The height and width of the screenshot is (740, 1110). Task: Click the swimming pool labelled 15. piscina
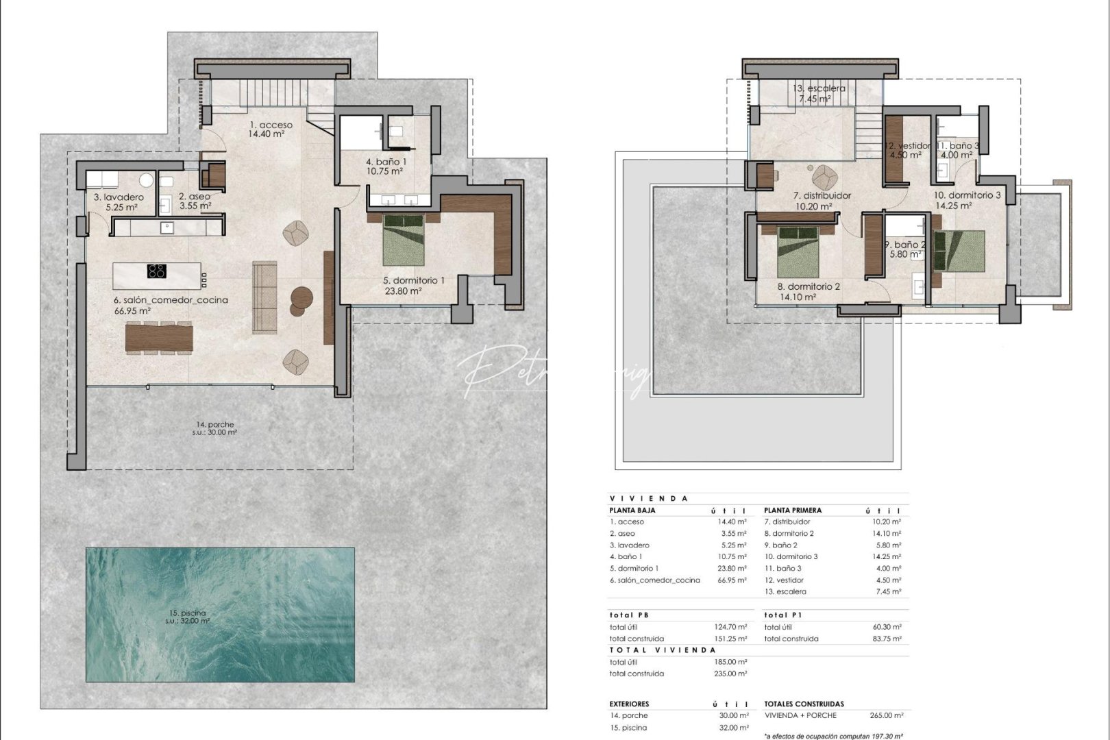coord(220,614)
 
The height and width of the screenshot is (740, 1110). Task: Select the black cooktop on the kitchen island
coord(156,271)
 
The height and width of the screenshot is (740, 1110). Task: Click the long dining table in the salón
coord(159,338)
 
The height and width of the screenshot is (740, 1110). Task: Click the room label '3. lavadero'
coord(119,197)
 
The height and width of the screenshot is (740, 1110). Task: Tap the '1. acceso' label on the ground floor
coord(271,125)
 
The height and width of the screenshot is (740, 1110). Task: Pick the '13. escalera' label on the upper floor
coord(818,88)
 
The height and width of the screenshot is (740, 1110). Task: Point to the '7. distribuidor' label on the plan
coord(822,196)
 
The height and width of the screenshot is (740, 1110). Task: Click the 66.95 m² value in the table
coord(731,580)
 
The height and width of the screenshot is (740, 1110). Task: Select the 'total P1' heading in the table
coord(783,615)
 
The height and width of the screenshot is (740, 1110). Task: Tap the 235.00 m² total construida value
coord(731,674)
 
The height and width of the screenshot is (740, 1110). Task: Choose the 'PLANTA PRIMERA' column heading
coord(793,510)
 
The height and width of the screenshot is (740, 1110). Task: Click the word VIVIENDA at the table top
coord(648,499)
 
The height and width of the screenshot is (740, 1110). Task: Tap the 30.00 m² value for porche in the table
coord(731,715)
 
